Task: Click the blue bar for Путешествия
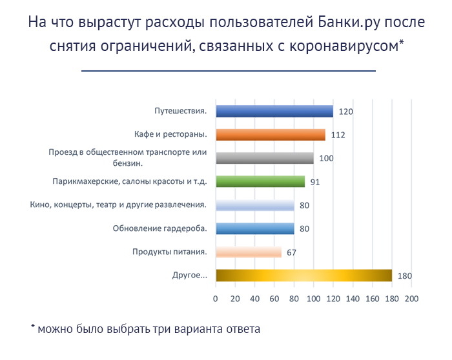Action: (x=274, y=112)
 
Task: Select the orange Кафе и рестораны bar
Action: (x=271, y=135)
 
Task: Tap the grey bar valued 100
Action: (x=265, y=158)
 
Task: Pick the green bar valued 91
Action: (x=260, y=182)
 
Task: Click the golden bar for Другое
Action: (x=303, y=275)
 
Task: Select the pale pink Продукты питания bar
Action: (x=249, y=252)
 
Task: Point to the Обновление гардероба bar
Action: (x=255, y=228)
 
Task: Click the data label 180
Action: (x=404, y=276)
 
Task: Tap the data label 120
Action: (x=345, y=112)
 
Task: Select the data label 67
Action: (x=291, y=253)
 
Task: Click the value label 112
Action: (x=338, y=135)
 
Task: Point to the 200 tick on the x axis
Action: (x=411, y=299)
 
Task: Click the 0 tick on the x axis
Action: (x=216, y=299)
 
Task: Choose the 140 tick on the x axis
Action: (x=353, y=299)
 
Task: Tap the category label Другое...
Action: (x=190, y=275)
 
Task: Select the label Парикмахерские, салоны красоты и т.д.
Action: (x=129, y=181)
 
